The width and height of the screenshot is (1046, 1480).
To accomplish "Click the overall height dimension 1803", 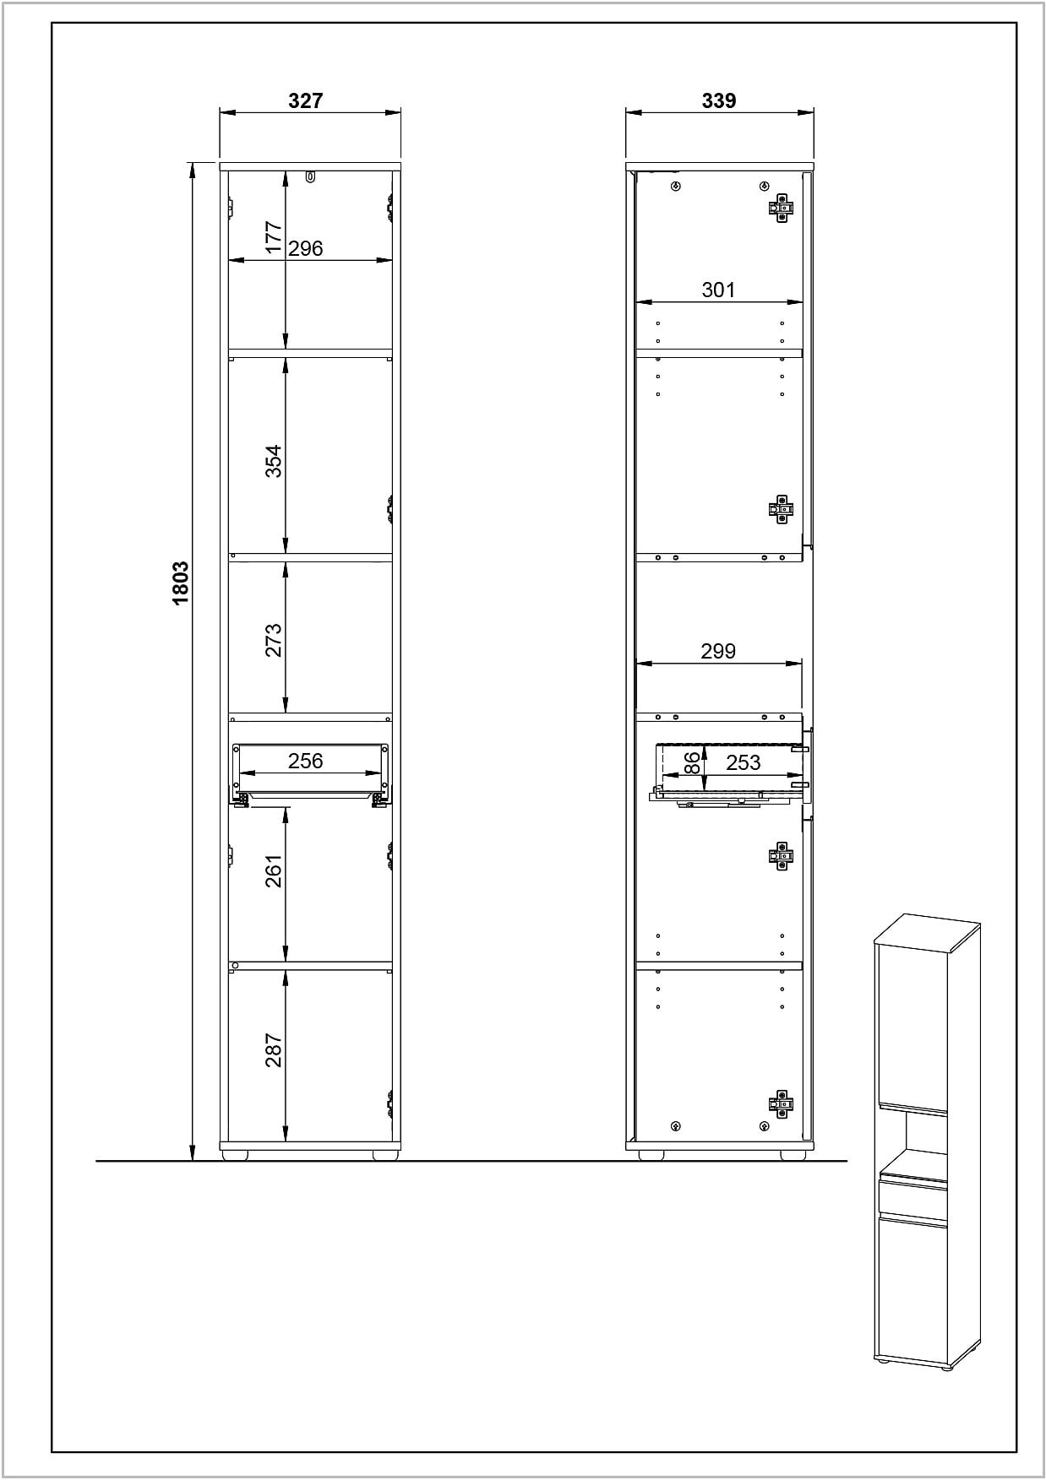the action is click(180, 583).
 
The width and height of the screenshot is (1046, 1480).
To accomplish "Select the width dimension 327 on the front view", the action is click(306, 100).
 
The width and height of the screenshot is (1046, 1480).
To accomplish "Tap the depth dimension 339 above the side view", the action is click(719, 100).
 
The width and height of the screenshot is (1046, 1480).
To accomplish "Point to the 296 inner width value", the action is click(306, 248).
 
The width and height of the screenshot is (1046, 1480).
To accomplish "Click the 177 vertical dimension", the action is click(274, 237).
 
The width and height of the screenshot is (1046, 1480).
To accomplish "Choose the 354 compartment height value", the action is click(274, 461).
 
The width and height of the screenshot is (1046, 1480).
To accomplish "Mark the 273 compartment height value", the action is click(274, 641).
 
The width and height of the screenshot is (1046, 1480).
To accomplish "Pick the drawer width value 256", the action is click(306, 761).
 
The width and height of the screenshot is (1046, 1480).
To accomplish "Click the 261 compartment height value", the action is click(274, 870).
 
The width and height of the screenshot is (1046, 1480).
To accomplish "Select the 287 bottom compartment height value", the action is click(274, 1050).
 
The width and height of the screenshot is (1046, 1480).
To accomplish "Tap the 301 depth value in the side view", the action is click(719, 290).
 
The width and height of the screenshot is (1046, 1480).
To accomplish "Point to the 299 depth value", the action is click(718, 651).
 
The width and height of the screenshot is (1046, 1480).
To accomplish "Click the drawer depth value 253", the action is click(744, 762).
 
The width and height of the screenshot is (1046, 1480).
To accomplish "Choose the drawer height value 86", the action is click(692, 763).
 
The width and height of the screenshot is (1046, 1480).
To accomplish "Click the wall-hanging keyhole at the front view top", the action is click(311, 177).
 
